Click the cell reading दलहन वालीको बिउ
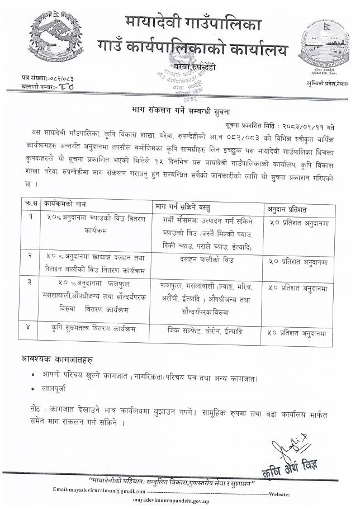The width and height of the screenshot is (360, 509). coord(205,260)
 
